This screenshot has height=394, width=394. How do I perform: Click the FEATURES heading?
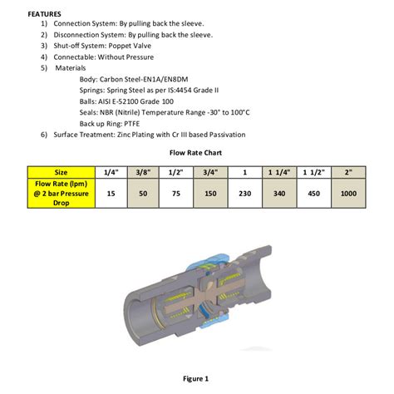tap(45, 14)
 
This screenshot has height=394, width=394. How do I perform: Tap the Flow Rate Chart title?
tap(196, 154)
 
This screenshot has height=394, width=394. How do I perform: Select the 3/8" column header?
tap(144, 172)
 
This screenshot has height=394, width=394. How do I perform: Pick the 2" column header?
tap(348, 172)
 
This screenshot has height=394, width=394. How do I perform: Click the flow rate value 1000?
tap(348, 192)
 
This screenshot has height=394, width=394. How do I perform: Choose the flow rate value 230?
tap(244, 192)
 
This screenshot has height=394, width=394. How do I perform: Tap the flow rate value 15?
tap(111, 192)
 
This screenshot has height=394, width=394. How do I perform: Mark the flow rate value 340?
tap(279, 192)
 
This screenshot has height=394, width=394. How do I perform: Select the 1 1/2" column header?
tap(313, 172)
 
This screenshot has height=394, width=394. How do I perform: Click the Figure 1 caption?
tap(195, 379)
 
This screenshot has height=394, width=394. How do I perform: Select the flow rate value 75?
tap(176, 192)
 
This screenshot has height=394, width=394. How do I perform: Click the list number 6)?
tap(44, 134)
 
